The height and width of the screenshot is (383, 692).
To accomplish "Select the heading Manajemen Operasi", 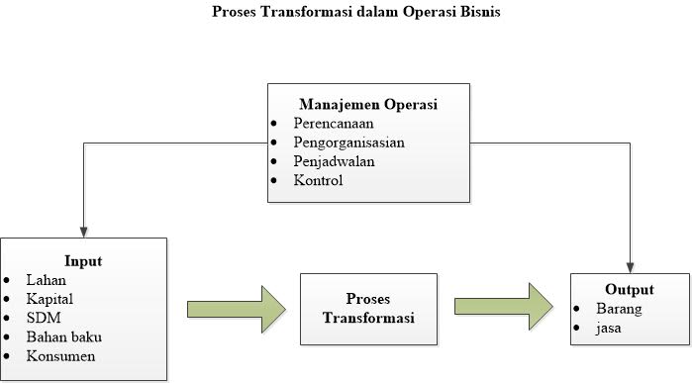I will [368, 104].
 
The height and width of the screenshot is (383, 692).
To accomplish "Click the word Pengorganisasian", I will [348, 142].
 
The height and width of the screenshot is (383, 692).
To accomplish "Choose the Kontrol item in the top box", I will [318, 181].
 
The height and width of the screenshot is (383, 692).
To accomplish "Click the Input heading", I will [83, 261].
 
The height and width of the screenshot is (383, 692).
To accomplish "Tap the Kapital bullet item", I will [50, 299].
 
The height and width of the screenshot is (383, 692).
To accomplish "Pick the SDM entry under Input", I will [43, 318].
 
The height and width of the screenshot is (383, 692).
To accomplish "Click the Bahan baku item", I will [64, 336].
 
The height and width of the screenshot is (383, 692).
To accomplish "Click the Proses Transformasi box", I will [367, 308].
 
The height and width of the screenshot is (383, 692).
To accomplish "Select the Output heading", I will [630, 290].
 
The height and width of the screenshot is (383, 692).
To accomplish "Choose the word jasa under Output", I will [608, 328].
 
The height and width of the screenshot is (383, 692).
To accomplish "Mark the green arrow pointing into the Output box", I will [505, 307].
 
